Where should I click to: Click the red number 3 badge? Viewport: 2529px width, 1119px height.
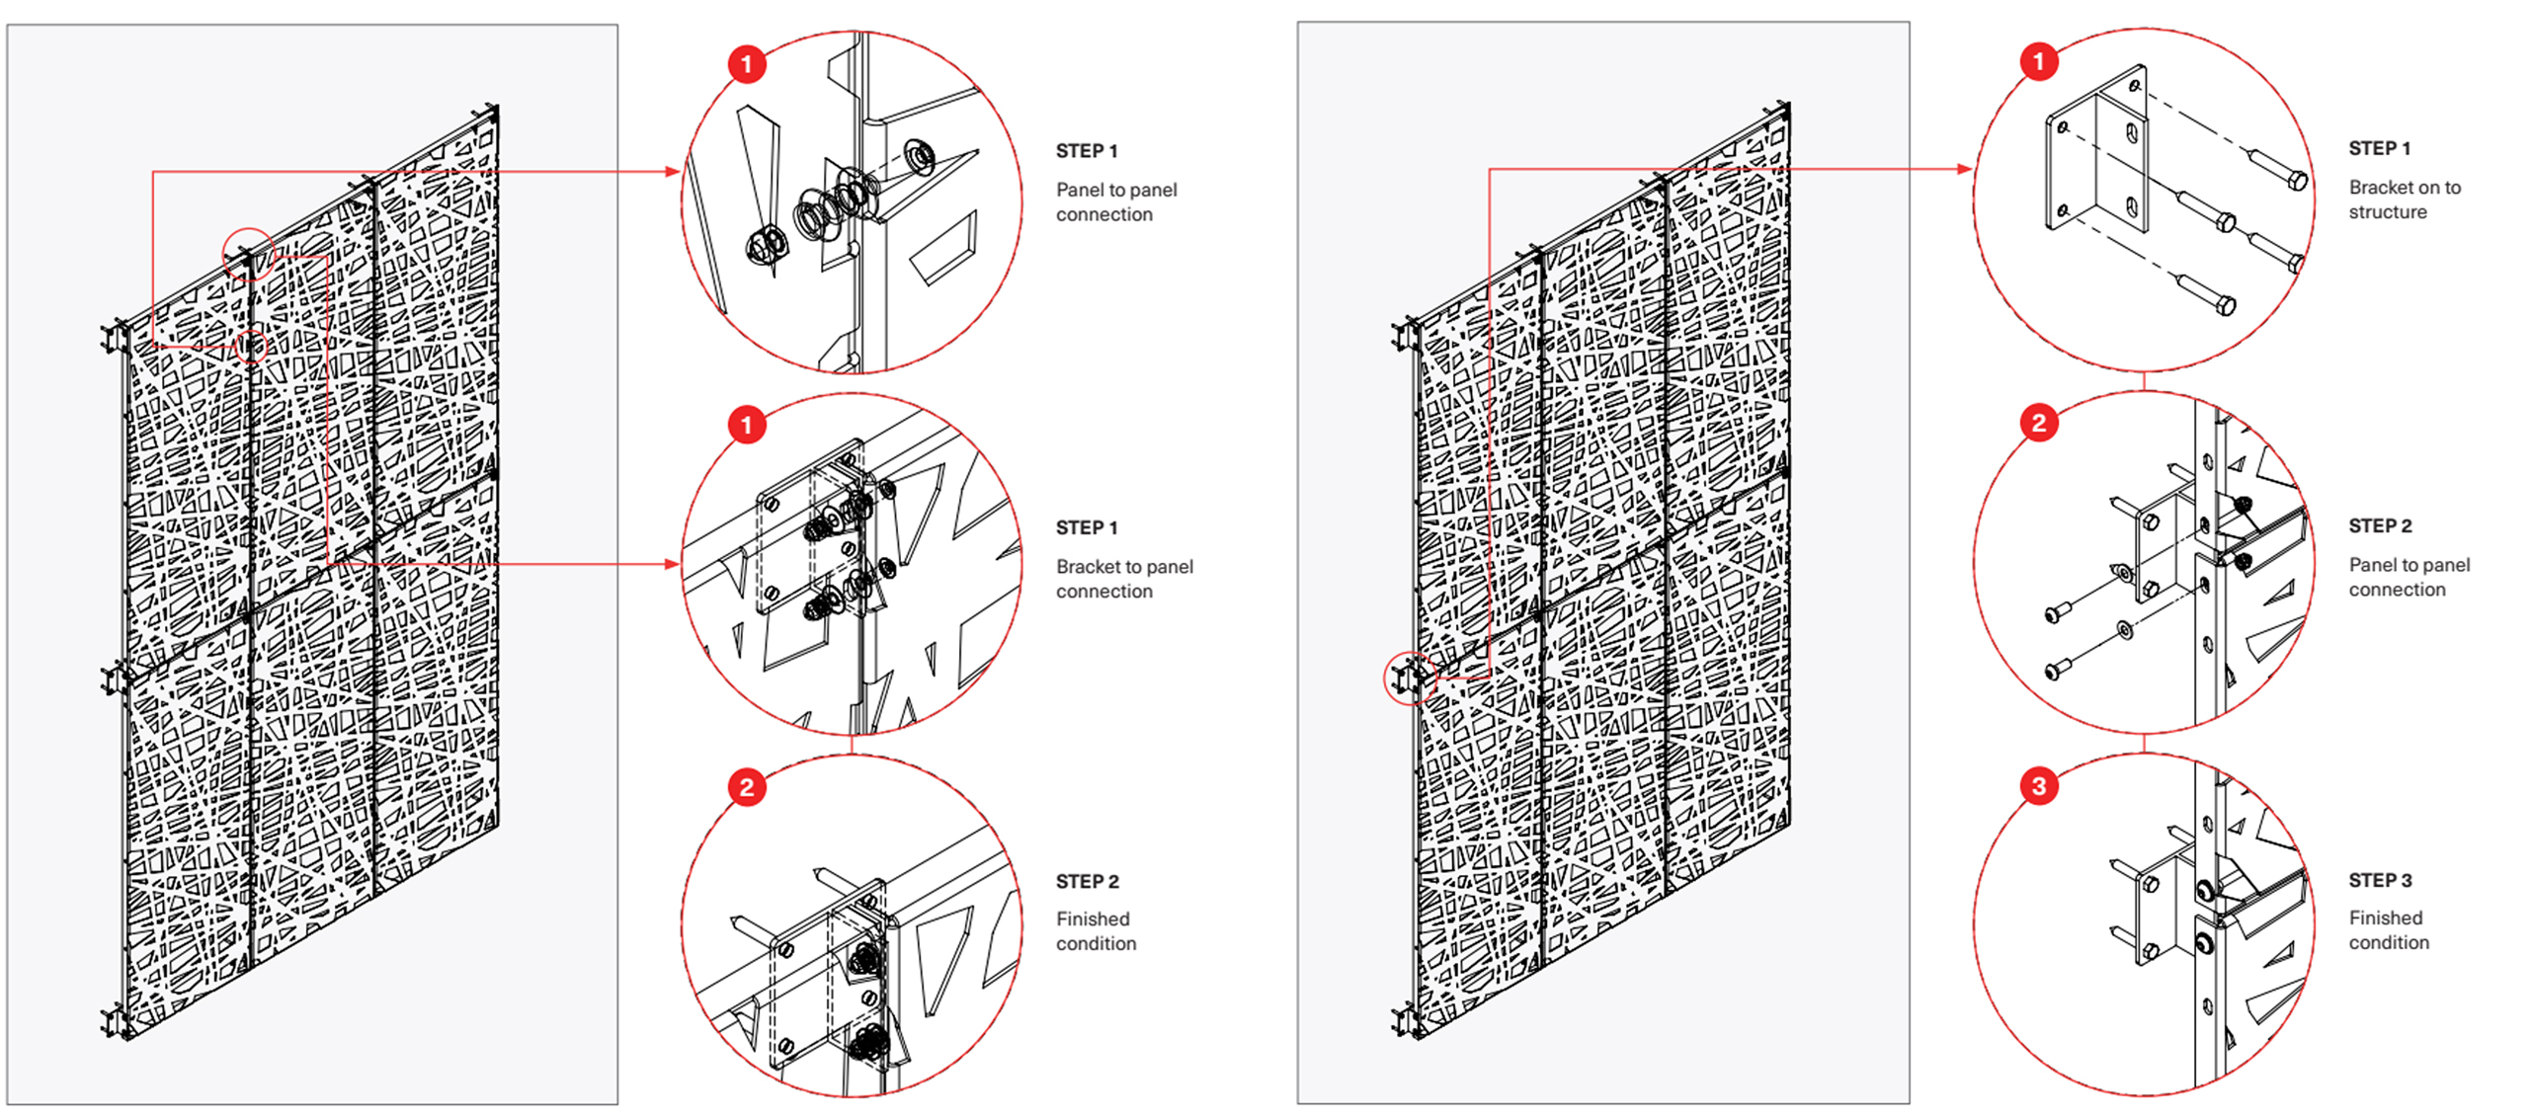pyautogui.click(x=2038, y=786)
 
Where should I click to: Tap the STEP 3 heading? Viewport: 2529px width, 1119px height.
pyautogui.click(x=2379, y=880)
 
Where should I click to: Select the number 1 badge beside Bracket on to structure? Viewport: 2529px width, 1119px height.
pyautogui.click(x=2038, y=62)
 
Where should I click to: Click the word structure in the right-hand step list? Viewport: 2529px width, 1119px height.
pyautogui.click(x=2387, y=212)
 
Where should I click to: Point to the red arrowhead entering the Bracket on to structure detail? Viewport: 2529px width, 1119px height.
pyautogui.click(x=1964, y=169)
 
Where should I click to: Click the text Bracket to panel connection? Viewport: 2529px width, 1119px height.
pyautogui.click(x=1123, y=579)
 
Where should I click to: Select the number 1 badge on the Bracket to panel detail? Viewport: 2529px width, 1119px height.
pyautogui.click(x=747, y=426)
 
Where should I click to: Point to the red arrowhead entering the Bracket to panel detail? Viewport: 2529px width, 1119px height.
pyautogui.click(x=673, y=564)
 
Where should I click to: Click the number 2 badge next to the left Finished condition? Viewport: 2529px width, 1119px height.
pyautogui.click(x=747, y=787)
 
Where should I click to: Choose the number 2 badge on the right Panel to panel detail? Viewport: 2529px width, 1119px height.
pyautogui.click(x=2038, y=424)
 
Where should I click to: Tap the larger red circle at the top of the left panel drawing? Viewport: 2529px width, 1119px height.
pyautogui.click(x=248, y=253)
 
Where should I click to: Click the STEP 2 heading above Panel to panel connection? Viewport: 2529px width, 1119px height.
pyautogui.click(x=2379, y=526)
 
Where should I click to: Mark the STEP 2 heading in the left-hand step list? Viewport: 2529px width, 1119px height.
pyautogui.click(x=1087, y=881)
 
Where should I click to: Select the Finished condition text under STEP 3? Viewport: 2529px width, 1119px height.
pyautogui.click(x=2388, y=929)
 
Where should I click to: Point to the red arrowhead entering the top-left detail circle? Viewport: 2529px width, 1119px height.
pyautogui.click(x=673, y=172)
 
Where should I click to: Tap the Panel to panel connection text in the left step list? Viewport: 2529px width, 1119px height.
pyautogui.click(x=1115, y=201)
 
